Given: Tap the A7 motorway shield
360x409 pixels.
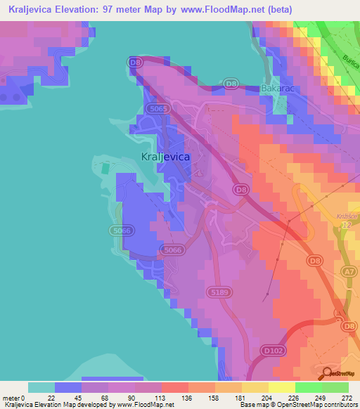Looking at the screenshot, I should [348, 271].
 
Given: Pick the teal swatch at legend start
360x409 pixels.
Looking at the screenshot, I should [41, 387].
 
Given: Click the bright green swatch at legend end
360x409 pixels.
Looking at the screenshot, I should [335, 387].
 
